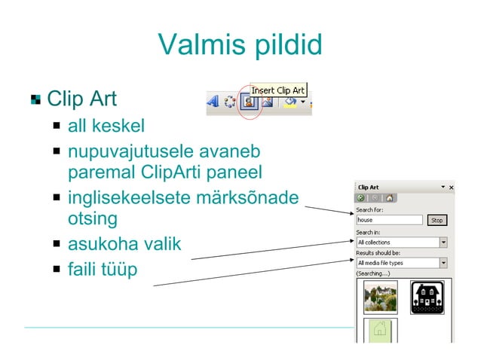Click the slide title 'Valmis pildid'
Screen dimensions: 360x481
point(240,45)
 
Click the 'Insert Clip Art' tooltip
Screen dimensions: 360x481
point(277,90)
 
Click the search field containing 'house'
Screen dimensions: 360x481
point(389,220)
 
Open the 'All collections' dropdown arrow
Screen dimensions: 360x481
point(443,243)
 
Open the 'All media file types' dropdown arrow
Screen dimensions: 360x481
point(443,263)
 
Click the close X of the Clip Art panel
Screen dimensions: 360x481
point(451,187)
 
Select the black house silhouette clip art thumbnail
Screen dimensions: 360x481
point(427,296)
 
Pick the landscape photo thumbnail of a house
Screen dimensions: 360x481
point(381,296)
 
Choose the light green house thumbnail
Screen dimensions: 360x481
point(381,331)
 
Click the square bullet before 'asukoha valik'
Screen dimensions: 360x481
point(57,245)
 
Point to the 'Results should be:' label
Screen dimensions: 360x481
point(378,253)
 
